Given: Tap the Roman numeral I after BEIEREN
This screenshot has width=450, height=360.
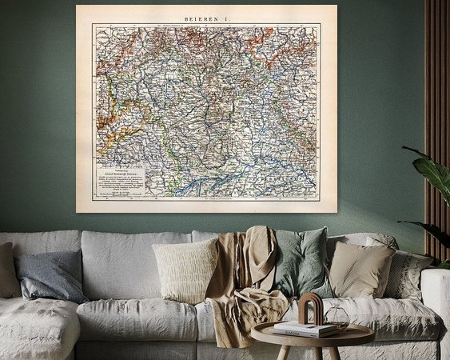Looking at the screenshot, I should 225,15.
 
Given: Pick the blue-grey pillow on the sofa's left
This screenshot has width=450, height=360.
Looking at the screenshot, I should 50,276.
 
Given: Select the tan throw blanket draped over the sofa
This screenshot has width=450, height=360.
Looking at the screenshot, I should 240,280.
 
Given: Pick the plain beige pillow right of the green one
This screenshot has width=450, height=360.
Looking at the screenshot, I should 359,268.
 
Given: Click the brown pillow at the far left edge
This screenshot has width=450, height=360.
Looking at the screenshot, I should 7,270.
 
